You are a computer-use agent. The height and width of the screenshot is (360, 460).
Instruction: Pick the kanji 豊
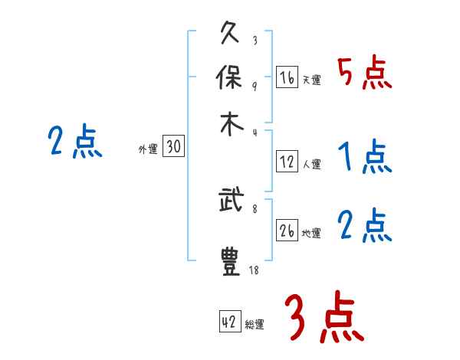(231, 262)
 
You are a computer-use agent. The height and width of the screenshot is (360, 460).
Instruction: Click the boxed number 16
(287, 77)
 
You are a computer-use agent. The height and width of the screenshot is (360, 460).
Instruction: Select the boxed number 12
(287, 162)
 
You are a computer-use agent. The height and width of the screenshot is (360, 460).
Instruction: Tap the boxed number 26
(287, 231)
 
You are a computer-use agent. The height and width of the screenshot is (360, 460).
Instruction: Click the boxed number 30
(174, 148)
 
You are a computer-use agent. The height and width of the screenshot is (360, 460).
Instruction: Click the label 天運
(311, 80)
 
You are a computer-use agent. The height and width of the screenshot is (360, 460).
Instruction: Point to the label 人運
(311, 164)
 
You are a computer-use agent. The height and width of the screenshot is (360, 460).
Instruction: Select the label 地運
(311, 234)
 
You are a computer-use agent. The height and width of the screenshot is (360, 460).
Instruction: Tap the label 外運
(147, 150)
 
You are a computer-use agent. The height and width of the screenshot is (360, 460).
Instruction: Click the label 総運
(255, 325)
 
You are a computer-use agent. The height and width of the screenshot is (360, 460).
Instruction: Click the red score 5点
(365, 73)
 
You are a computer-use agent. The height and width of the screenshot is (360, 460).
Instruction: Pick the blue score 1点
(365, 157)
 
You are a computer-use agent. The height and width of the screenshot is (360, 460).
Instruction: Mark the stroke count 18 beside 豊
(254, 270)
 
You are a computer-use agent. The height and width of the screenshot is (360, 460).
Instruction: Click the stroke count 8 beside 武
(254, 207)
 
